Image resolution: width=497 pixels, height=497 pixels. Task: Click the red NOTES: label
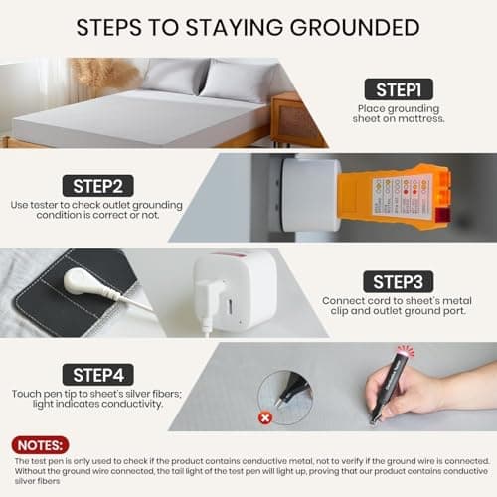tap(40, 445)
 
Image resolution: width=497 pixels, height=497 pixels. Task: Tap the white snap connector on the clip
tap(83, 282)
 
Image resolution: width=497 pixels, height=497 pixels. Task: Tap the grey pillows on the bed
tap(204, 78)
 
